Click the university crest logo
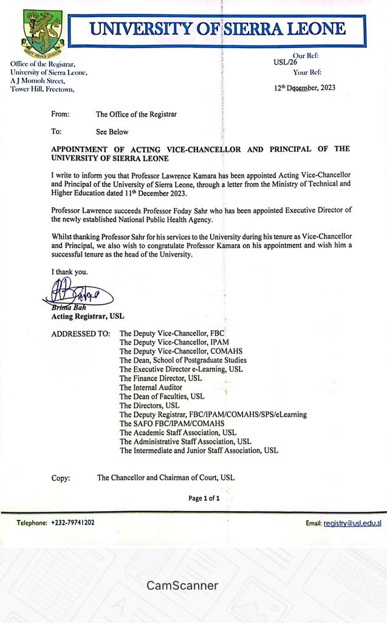click(x=42, y=31)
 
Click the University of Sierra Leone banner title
click(x=217, y=29)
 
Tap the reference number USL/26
click(x=285, y=61)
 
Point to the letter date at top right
click(x=304, y=88)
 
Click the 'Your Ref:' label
click(x=307, y=72)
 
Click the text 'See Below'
click(x=112, y=131)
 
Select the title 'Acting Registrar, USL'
click(x=87, y=316)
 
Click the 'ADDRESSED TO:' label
click(x=81, y=334)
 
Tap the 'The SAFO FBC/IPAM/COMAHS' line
click(x=172, y=423)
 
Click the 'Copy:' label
click(x=61, y=478)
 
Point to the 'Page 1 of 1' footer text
click(x=204, y=498)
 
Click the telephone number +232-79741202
click(x=72, y=522)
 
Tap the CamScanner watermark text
click(x=182, y=586)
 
